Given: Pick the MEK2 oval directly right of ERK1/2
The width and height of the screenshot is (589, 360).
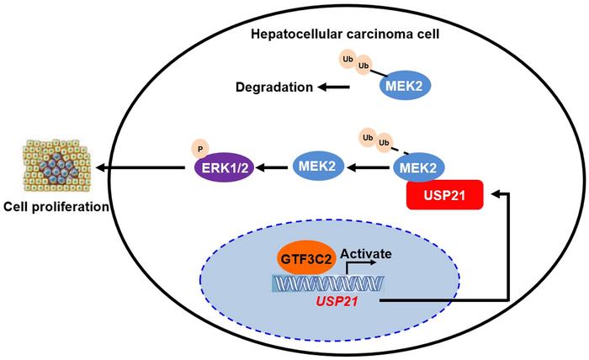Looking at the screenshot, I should click(x=316, y=168).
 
